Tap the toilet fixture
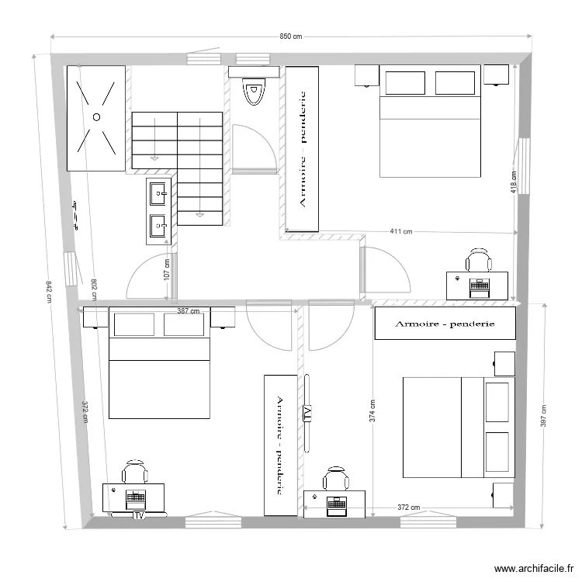coord(253,92)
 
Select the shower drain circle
coord(97,116)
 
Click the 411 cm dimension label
coord(400,231)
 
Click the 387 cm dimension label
coord(189,311)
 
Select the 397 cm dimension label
coord(544,416)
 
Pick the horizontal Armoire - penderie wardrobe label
coord(445,324)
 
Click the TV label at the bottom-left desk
coord(140,514)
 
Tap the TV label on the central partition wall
coord(307,413)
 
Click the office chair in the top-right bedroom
coord(479,260)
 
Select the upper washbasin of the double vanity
coord(158,191)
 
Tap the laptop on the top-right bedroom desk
coord(478,286)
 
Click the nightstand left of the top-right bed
coord(367,74)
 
